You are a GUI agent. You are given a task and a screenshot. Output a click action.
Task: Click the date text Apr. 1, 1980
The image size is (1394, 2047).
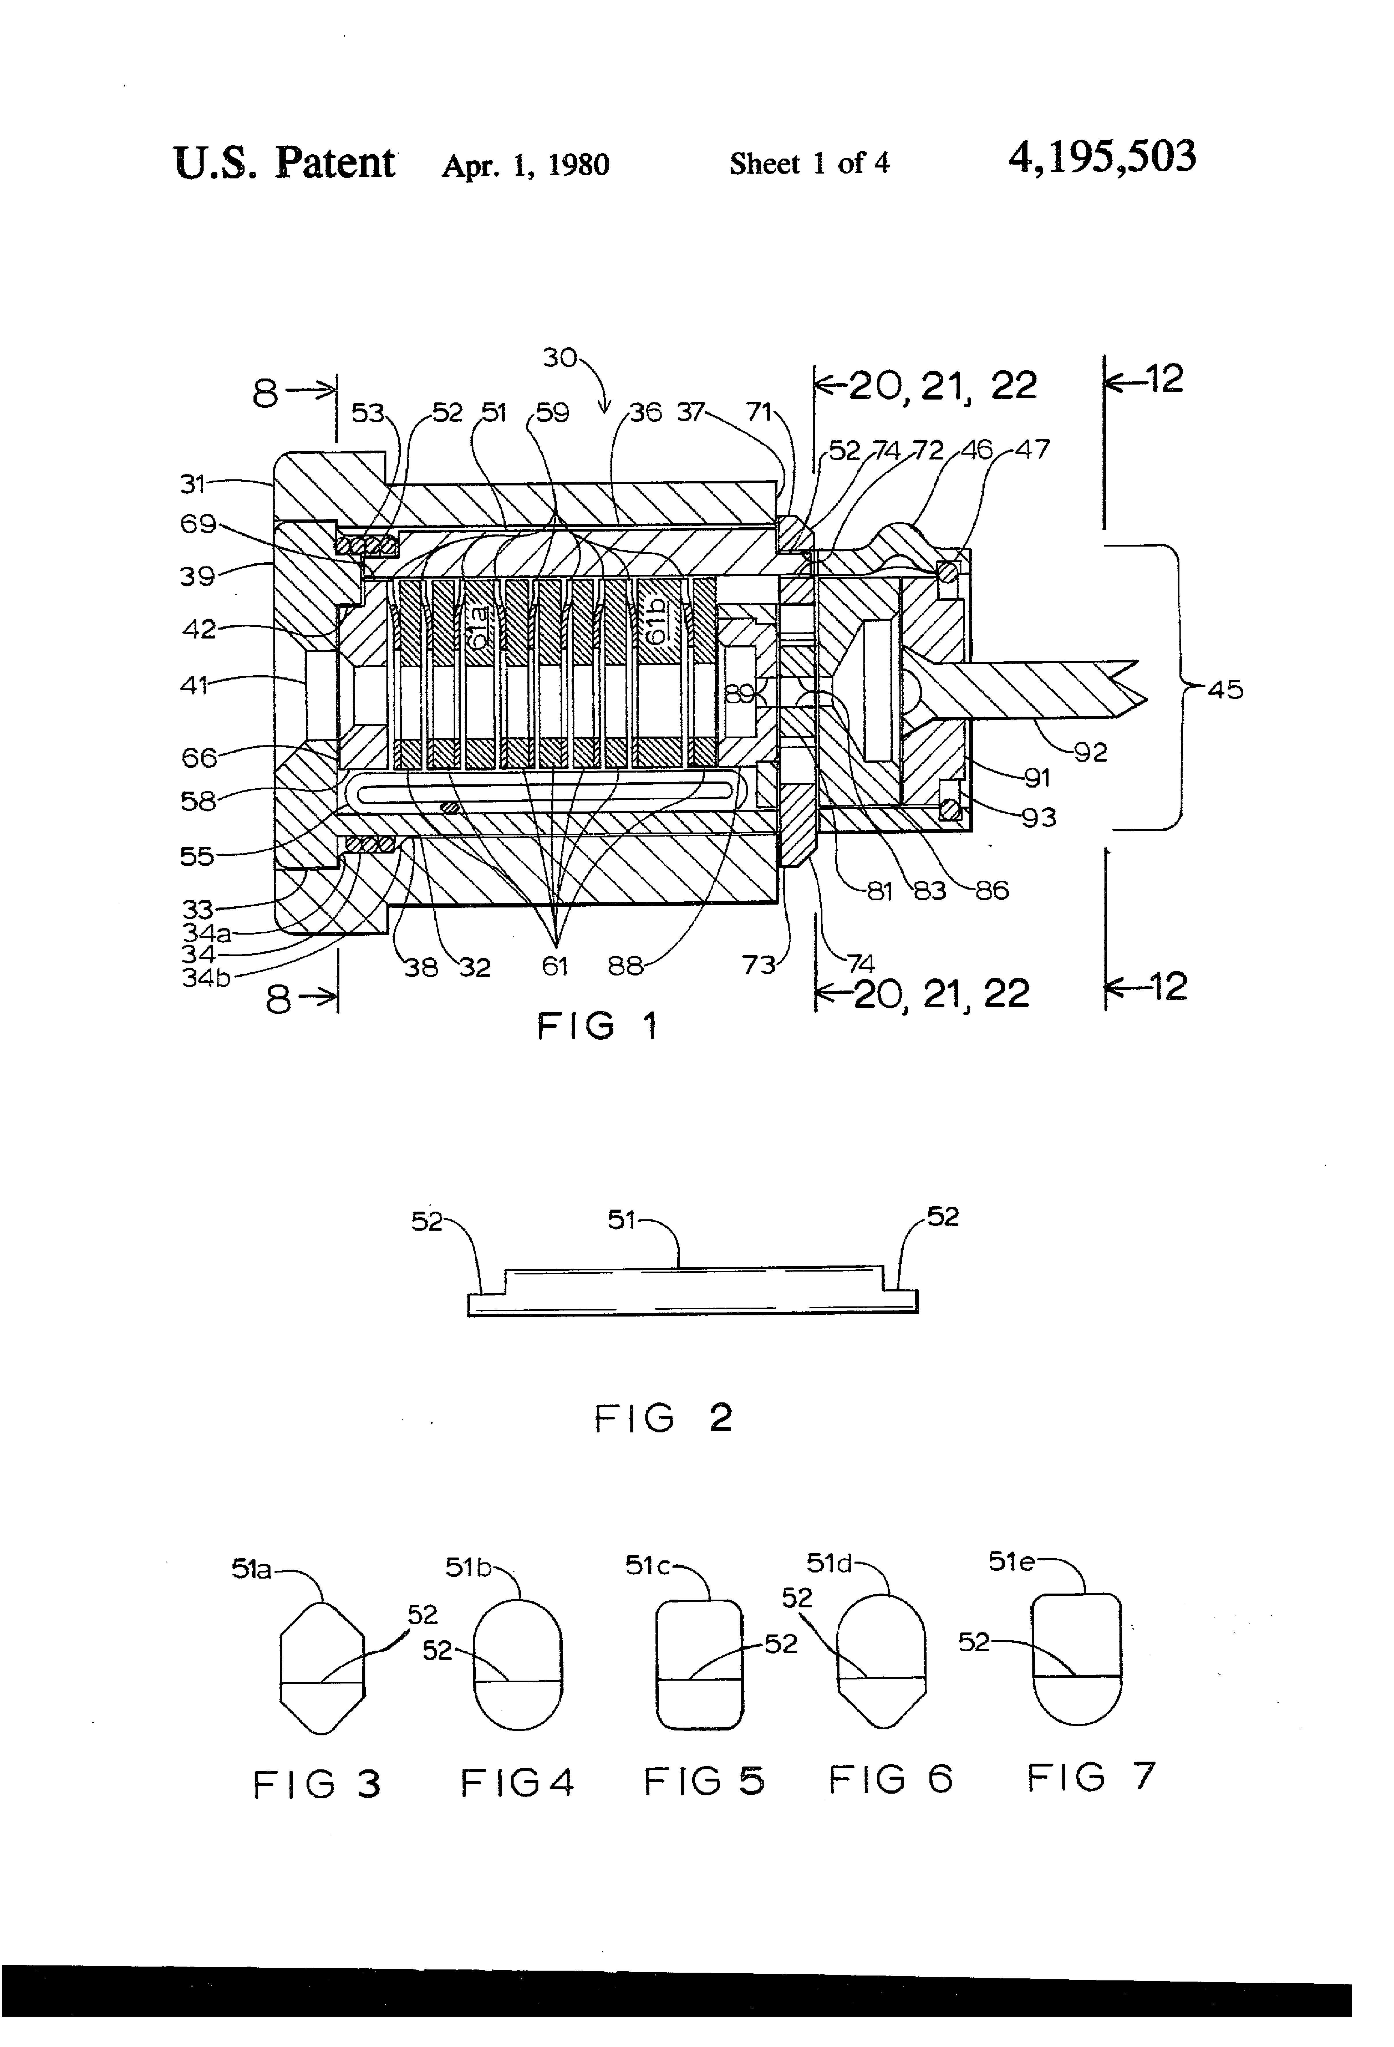pos(526,165)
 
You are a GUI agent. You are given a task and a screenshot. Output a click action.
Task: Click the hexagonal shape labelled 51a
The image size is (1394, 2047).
pos(322,1668)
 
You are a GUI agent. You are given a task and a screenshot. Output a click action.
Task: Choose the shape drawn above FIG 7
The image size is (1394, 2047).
pos(1076,1659)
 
